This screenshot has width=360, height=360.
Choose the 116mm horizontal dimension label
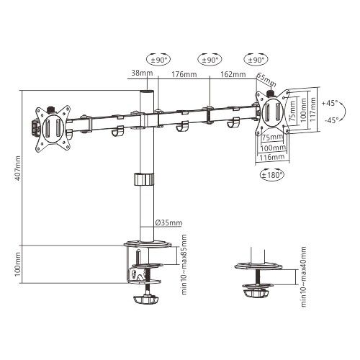click(x=271, y=156)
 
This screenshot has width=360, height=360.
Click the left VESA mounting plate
click(x=51, y=127)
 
